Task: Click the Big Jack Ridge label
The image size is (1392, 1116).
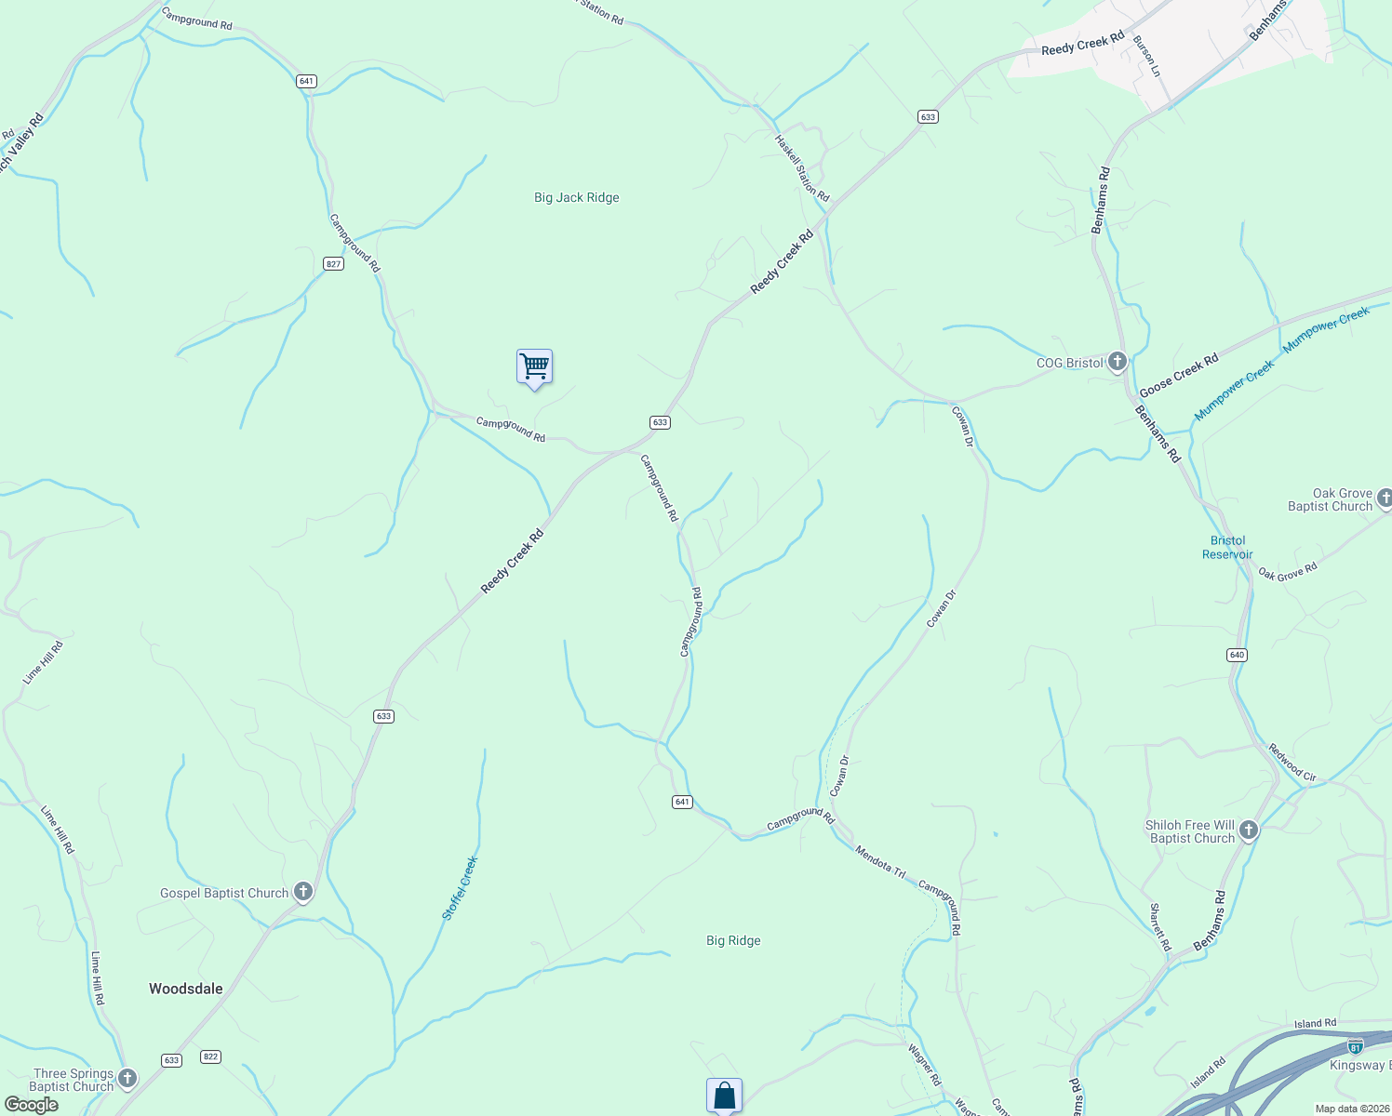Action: tap(576, 197)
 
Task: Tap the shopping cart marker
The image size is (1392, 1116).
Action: tap(534, 367)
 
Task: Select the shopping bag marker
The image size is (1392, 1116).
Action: tap(724, 1096)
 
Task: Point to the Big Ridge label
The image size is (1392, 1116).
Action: tap(733, 940)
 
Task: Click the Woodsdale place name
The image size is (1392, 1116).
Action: tap(186, 989)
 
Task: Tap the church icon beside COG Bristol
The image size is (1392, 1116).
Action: tap(1118, 362)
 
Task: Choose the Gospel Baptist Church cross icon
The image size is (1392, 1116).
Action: tap(302, 893)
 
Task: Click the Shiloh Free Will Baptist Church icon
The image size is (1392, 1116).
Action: tap(1249, 830)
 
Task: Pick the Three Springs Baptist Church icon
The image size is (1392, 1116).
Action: tap(127, 1079)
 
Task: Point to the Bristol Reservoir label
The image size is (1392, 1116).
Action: tap(1227, 547)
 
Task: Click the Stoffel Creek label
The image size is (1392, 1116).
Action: tap(460, 888)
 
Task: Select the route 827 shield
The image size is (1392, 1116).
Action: tap(334, 264)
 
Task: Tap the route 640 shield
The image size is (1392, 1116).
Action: tap(1237, 655)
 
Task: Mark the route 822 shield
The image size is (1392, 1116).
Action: tap(210, 1056)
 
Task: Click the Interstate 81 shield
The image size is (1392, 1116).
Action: tap(1356, 1045)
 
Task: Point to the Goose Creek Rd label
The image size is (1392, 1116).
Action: tap(1179, 375)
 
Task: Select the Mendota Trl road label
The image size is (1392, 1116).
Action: tap(879, 862)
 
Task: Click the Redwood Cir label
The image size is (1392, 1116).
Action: tap(1292, 762)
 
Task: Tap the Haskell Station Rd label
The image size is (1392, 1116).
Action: tap(802, 167)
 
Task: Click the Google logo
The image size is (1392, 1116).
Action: tap(32, 1105)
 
